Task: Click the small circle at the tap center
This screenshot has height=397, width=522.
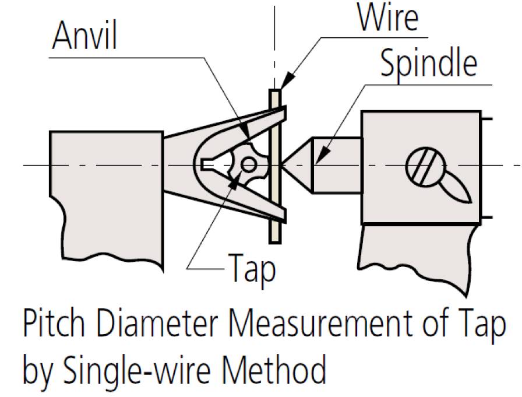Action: tap(249, 166)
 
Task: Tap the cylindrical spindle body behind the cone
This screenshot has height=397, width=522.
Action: tap(337, 165)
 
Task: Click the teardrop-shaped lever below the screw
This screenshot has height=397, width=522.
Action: tap(454, 188)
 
